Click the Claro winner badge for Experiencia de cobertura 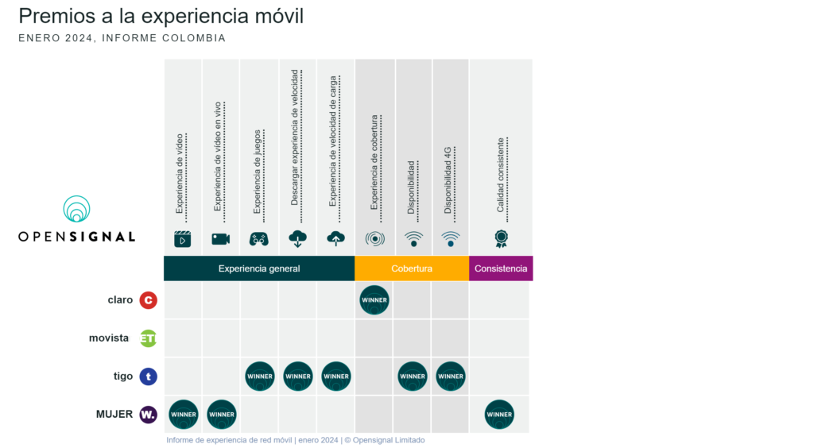374,300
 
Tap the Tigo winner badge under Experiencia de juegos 260,377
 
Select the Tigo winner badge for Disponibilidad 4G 451,377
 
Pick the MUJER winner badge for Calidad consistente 499,414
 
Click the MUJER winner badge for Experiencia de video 184,414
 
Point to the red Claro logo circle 148,300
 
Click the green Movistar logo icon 148,338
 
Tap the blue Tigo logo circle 148,377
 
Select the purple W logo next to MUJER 148,414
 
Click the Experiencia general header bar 259,268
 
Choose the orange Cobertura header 412,268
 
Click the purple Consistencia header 501,268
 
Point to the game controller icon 259,238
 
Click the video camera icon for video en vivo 221,238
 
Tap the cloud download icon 298,238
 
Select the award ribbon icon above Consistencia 501,238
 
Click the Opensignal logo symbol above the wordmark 77,209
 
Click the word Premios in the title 52,16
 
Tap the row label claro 120,300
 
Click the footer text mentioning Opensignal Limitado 296,440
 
